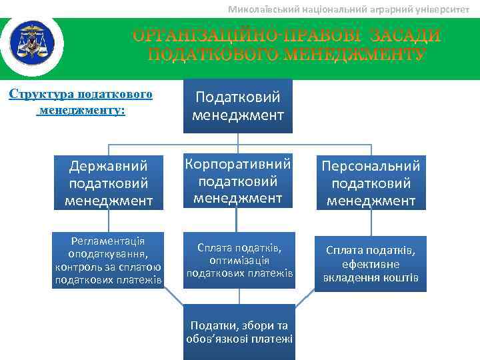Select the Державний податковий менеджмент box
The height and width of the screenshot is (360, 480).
click(x=109, y=182)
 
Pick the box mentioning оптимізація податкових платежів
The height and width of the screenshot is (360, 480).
click(x=239, y=261)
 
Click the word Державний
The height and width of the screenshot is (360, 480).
click(x=109, y=165)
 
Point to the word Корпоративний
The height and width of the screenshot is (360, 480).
click(x=239, y=164)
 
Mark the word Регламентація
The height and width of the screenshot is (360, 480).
click(x=109, y=240)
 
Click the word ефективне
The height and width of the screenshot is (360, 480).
click(x=371, y=264)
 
